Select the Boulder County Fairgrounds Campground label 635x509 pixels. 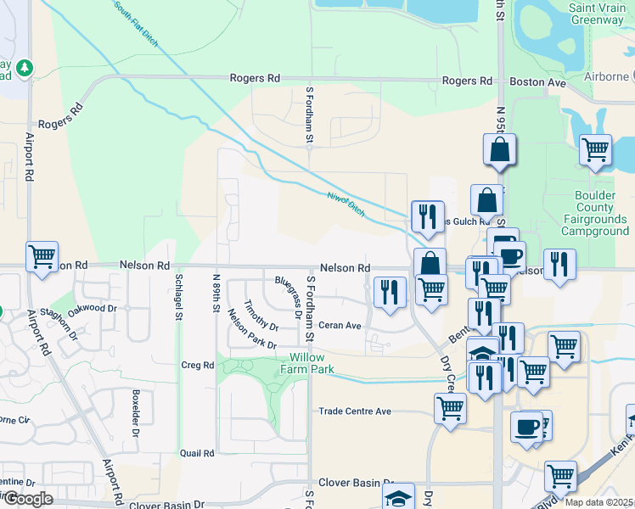[600, 213]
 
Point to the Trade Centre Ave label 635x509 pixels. [355, 411]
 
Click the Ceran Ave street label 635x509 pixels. [340, 325]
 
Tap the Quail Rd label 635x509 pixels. [197, 453]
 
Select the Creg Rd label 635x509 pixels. [197, 365]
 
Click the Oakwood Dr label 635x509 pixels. [92, 310]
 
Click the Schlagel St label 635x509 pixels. [179, 297]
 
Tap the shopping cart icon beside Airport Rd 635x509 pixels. [42, 255]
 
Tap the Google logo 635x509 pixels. [28, 499]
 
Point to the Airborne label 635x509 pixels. [606, 77]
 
